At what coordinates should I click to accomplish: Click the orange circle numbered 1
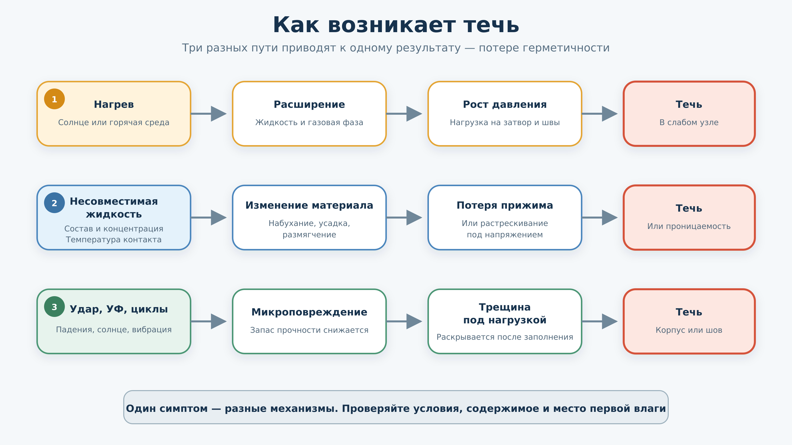click(54, 99)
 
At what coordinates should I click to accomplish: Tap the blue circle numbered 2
click(54, 203)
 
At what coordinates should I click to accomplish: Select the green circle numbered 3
click(54, 307)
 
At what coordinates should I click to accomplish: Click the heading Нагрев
click(114, 104)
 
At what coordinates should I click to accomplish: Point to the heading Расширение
click(309, 104)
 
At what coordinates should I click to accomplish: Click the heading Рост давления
click(505, 104)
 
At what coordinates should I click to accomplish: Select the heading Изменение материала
click(309, 205)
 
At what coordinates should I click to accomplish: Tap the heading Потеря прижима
click(505, 205)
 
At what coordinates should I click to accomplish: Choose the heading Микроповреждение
click(309, 312)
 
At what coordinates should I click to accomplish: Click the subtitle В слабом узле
click(689, 122)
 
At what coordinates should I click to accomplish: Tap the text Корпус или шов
click(689, 330)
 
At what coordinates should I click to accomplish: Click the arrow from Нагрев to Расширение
click(209, 114)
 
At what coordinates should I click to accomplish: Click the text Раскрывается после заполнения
click(505, 337)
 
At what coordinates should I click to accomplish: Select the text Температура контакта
click(114, 240)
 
